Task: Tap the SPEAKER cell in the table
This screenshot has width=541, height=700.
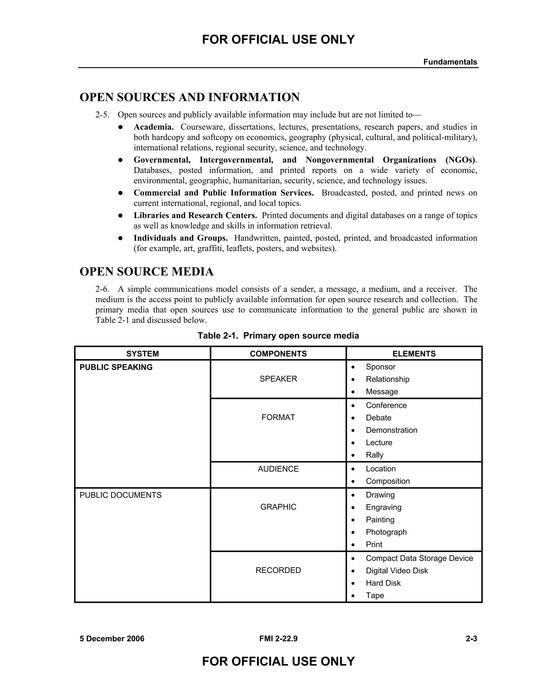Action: point(278,379)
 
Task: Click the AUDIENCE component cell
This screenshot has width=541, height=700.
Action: point(278,469)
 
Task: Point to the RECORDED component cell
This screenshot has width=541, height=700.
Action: point(278,570)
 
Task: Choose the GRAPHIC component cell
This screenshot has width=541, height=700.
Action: point(278,507)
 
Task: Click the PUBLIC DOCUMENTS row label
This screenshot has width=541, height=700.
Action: point(120,495)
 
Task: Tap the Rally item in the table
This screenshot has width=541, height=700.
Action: point(374,455)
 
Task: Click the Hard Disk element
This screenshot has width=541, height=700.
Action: point(383,583)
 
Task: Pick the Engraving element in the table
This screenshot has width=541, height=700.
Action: point(383,507)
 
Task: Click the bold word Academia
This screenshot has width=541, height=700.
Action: point(153,127)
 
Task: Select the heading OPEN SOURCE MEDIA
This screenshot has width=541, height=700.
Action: point(146,272)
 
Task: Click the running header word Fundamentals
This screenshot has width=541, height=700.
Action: point(450,62)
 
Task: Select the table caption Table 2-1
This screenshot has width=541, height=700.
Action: point(278,335)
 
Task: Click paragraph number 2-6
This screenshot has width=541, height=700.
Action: point(102,289)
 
